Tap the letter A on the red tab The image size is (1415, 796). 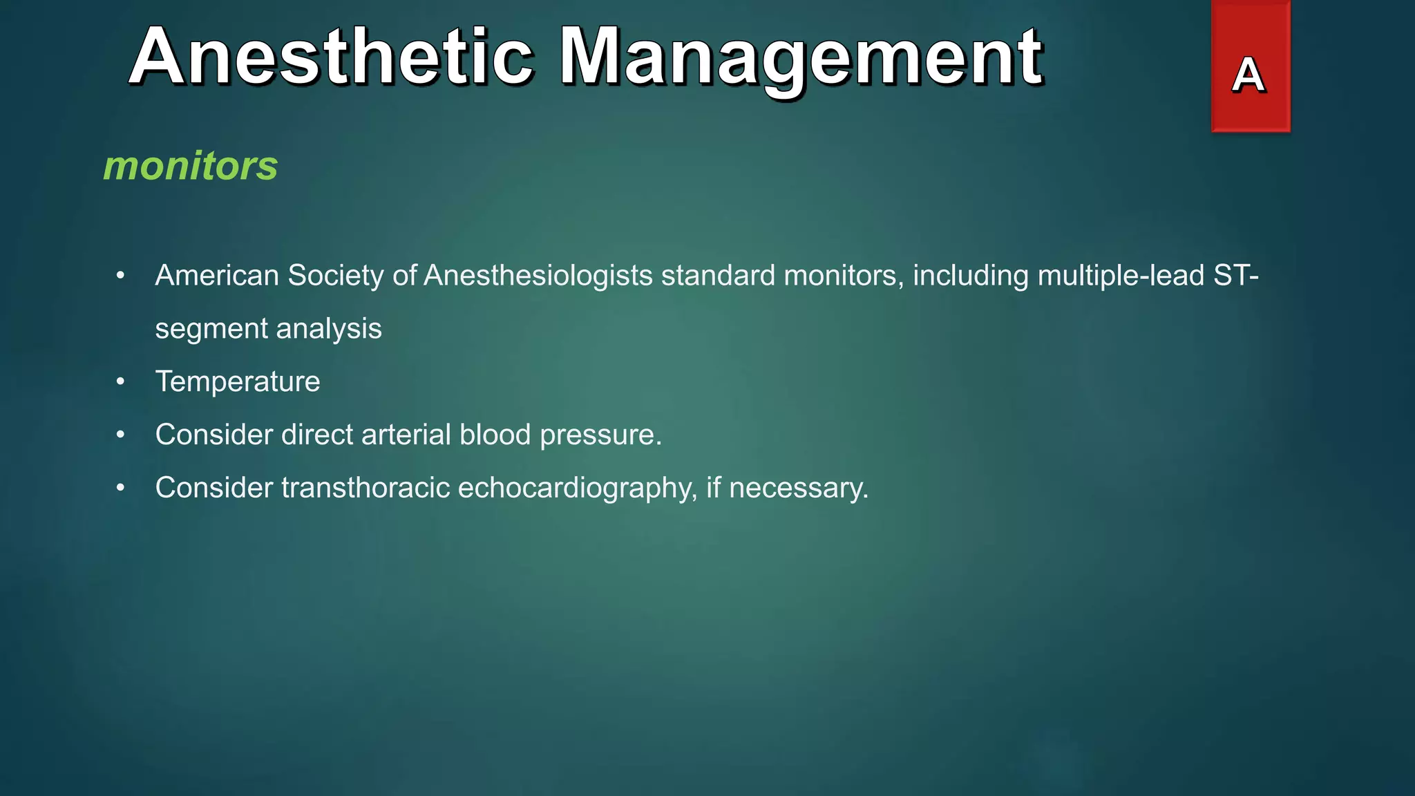point(1248,75)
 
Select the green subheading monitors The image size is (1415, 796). point(191,166)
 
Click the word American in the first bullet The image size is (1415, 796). point(217,276)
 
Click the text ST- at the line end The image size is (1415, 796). point(1236,276)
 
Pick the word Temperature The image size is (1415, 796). point(238,382)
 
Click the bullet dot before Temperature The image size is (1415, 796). point(121,382)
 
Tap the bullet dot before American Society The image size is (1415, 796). point(121,276)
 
